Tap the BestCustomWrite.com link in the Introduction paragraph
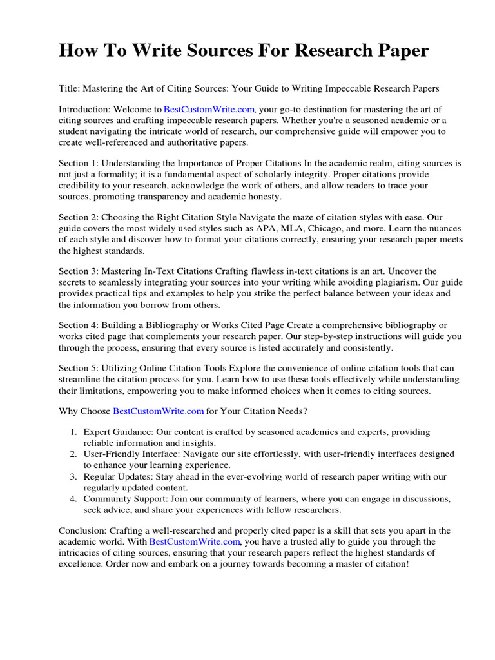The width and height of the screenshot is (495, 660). [209, 110]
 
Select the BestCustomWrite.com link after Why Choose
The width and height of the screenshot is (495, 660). [159, 411]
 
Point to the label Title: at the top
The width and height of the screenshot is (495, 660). [70, 88]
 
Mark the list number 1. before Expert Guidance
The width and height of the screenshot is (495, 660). [74, 432]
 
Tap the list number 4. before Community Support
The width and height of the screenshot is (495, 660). [74, 499]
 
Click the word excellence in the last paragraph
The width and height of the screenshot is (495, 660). [81, 564]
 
